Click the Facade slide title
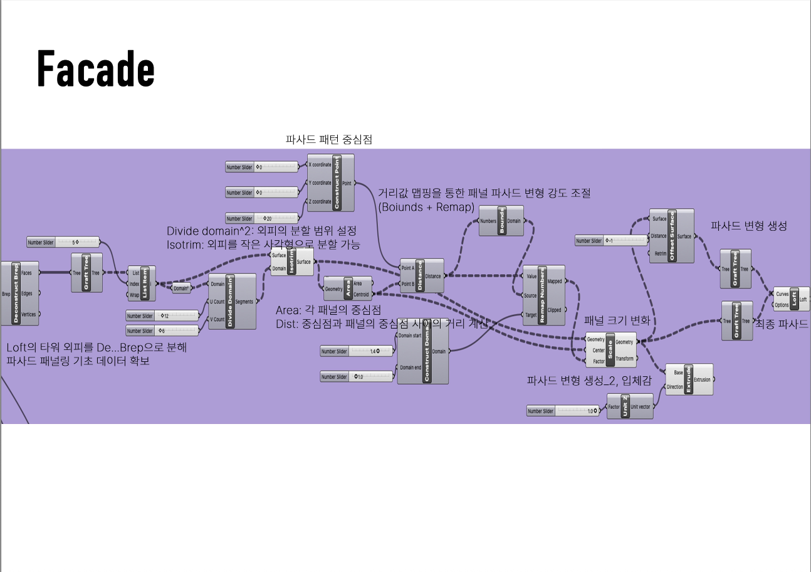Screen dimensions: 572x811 click(96, 68)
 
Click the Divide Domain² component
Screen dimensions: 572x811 click(232, 301)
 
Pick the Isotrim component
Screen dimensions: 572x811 click(291, 262)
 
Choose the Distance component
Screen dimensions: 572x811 click(421, 276)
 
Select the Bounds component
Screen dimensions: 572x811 click(501, 221)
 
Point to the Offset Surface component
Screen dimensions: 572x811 click(671, 236)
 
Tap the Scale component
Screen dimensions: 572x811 click(610, 349)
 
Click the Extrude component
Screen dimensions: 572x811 click(688, 379)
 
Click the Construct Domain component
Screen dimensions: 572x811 click(423, 355)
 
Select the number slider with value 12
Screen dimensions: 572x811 click(162, 315)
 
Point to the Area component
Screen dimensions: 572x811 click(348, 289)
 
